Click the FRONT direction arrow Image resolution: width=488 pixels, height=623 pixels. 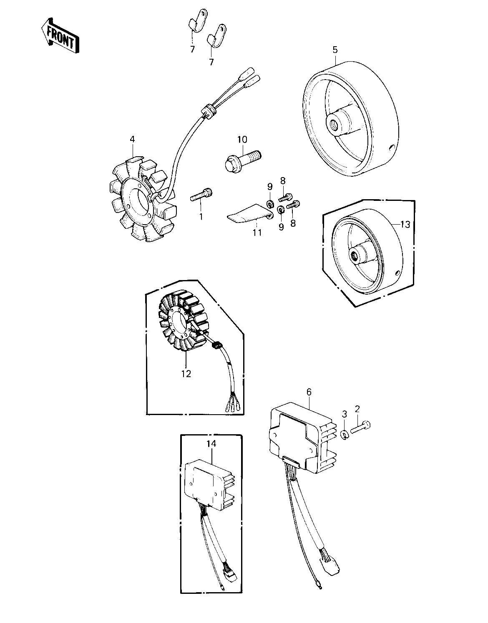(x=60, y=36)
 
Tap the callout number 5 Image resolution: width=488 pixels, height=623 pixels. (x=335, y=50)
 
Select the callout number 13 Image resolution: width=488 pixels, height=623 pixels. (x=405, y=224)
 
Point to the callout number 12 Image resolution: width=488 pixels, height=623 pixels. (x=186, y=374)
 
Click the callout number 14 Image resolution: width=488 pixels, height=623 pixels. (x=211, y=444)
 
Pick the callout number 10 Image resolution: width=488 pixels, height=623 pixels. (x=242, y=140)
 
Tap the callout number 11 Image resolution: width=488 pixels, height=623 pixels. (x=257, y=233)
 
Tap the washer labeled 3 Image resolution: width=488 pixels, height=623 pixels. (x=345, y=435)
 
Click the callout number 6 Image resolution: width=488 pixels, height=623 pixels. (x=309, y=392)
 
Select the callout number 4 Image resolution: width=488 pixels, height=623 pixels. (x=132, y=139)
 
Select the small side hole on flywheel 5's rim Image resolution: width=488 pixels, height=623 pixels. (x=390, y=148)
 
